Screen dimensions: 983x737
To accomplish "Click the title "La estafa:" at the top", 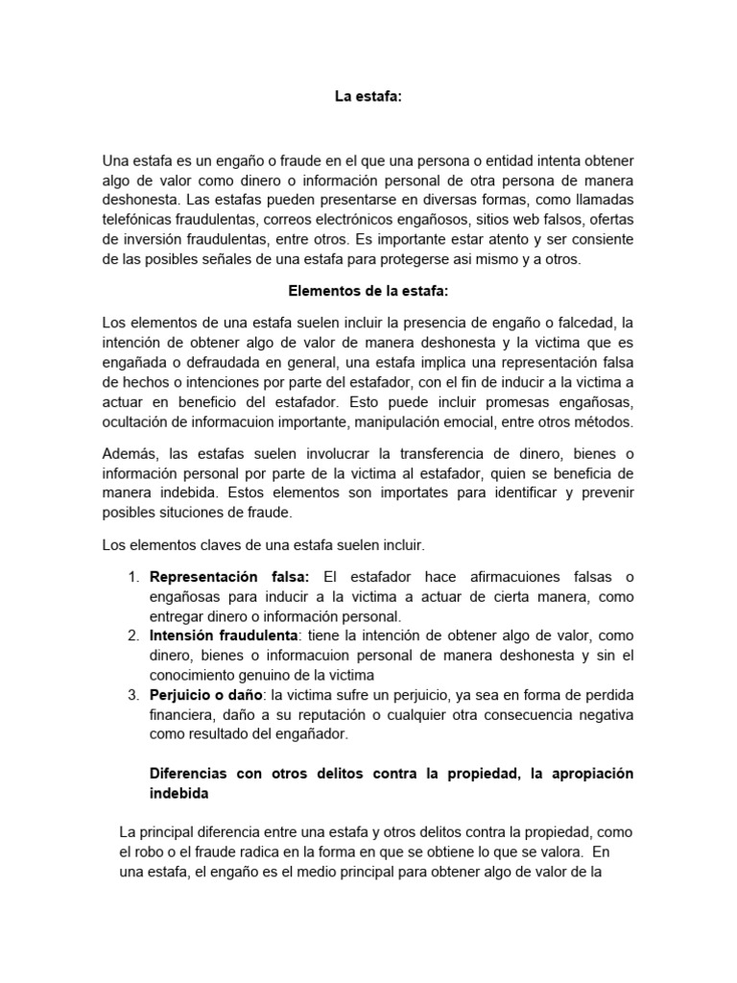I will (x=368, y=96).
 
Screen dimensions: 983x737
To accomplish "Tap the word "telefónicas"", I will (x=139, y=220).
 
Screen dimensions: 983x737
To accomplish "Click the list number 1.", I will (x=133, y=577).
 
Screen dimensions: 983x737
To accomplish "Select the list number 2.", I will (x=133, y=636).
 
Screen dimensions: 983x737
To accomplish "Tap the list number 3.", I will (x=133, y=695).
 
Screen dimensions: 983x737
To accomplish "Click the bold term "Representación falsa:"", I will (x=230, y=577).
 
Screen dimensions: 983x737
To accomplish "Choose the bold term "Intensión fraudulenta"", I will (x=224, y=636).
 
